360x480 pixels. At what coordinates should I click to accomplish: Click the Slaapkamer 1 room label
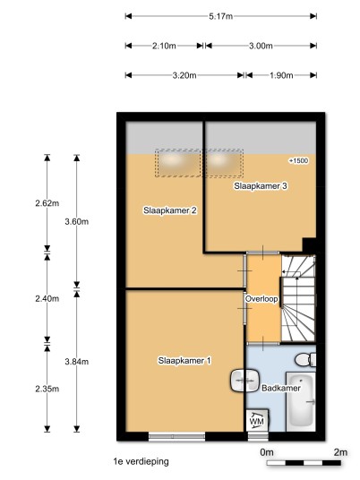(x=184, y=360)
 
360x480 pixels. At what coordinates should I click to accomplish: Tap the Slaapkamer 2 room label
(x=170, y=210)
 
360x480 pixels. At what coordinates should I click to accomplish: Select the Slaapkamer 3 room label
(x=261, y=185)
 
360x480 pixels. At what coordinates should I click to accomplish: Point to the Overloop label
(x=261, y=299)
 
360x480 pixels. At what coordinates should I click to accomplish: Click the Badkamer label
(x=280, y=388)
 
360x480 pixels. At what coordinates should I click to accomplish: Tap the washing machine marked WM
(x=257, y=420)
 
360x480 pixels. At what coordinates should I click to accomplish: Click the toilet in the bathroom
(x=305, y=359)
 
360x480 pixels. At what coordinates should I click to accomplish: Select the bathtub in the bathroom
(x=301, y=401)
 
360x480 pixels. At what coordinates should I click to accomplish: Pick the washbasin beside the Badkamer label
(x=244, y=381)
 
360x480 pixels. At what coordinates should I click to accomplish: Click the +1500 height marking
(x=298, y=160)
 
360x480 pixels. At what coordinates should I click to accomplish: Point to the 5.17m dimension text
(x=220, y=16)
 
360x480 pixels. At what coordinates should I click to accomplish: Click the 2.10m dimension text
(x=164, y=46)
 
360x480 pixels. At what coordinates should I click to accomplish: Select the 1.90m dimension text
(x=281, y=75)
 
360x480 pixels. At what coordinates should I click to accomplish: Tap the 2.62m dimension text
(x=47, y=203)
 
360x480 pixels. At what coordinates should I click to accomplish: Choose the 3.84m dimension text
(x=76, y=362)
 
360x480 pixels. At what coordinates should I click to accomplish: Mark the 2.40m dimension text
(x=47, y=298)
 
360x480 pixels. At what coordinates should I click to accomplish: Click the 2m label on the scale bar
(x=340, y=452)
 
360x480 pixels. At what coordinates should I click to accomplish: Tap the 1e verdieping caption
(x=141, y=461)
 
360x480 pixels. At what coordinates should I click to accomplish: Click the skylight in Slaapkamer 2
(x=178, y=163)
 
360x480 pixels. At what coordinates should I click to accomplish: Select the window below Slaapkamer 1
(x=176, y=436)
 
